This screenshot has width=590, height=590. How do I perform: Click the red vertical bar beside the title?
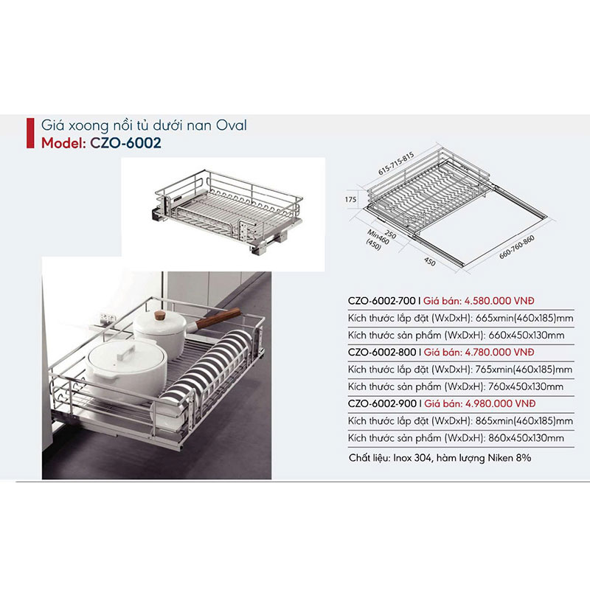coord(29,134)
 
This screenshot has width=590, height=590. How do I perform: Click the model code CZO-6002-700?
coord(382,302)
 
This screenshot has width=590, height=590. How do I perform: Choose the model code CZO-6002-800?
coord(382,353)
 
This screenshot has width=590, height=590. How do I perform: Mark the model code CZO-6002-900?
coord(382,404)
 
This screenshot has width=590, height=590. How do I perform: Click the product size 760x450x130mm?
coord(525,386)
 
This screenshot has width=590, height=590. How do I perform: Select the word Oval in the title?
coord(232,125)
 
